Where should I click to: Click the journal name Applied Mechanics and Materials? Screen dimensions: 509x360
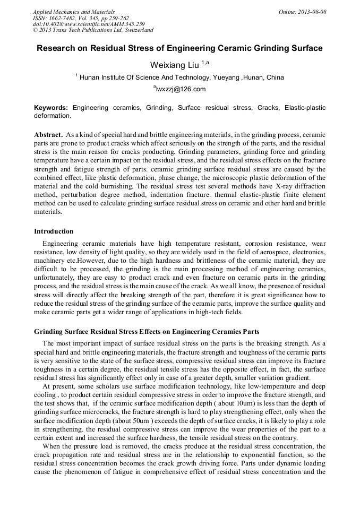click(74, 11)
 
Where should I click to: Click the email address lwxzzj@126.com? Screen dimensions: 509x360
click(181, 89)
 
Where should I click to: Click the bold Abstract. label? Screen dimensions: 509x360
click(48, 135)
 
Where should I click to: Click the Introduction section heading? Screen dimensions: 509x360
click(54, 231)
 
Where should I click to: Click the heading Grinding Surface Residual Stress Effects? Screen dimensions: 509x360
click(147, 331)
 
